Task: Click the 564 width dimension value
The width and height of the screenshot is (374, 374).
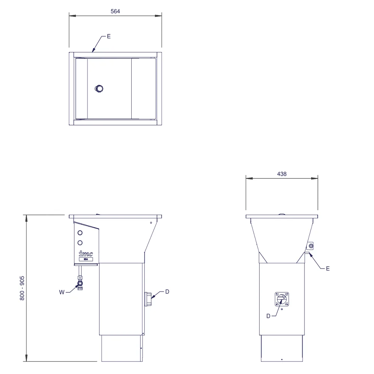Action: (x=115, y=11)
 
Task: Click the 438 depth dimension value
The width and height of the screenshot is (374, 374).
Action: (x=282, y=174)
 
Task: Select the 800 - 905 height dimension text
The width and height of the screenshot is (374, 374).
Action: (x=22, y=288)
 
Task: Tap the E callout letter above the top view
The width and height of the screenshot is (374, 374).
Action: (x=109, y=36)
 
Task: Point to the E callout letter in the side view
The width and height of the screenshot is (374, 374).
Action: (x=328, y=269)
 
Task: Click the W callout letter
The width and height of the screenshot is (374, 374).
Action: (x=62, y=292)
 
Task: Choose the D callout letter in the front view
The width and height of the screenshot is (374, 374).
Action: (x=167, y=292)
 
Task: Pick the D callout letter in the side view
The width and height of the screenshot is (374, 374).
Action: (x=268, y=316)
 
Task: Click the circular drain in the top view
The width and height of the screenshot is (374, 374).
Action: (x=99, y=89)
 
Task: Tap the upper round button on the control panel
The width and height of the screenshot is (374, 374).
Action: (x=80, y=233)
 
